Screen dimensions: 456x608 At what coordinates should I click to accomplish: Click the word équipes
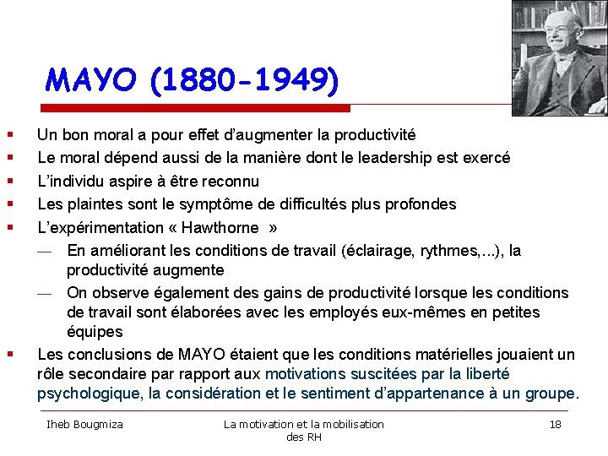pyautogui.click(x=95, y=332)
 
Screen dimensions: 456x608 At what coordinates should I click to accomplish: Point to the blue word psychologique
pyautogui.click(x=90, y=393)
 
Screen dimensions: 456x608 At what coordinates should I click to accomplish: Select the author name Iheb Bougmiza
pyautogui.click(x=84, y=424)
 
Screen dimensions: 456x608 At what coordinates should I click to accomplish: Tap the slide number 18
pyautogui.click(x=555, y=424)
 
